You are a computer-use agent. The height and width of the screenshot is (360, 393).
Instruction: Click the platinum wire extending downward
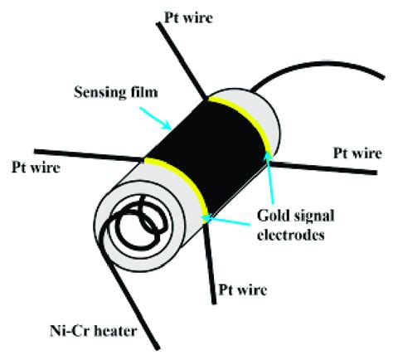pos(210,249)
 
